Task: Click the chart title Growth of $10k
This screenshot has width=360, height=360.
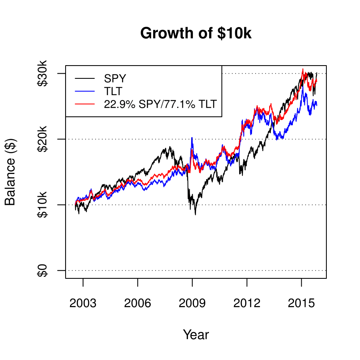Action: click(196, 33)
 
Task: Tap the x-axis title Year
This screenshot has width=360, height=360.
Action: click(196, 334)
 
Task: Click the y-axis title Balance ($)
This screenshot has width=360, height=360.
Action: click(10, 172)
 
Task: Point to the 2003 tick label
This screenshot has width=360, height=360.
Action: click(83, 303)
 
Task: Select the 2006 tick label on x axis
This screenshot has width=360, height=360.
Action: click(138, 303)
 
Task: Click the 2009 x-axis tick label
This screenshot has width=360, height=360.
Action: click(192, 303)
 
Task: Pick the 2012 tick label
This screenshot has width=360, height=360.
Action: click(247, 303)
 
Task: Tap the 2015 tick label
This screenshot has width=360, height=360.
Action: click(301, 303)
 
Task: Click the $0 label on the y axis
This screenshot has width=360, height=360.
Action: click(42, 270)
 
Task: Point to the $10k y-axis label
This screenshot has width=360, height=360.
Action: click(42, 205)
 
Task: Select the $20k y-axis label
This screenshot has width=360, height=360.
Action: click(42, 139)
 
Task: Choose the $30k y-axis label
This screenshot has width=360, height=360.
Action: click(42, 74)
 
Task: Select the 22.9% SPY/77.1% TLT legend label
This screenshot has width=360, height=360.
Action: click(160, 104)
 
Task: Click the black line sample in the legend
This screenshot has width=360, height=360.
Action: click(85, 78)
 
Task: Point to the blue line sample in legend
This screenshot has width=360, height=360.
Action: click(85, 92)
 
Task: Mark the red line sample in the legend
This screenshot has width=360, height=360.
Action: click(85, 104)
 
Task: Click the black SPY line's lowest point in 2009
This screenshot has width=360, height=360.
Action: click(195, 215)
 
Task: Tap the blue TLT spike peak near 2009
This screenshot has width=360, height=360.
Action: click(192, 138)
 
